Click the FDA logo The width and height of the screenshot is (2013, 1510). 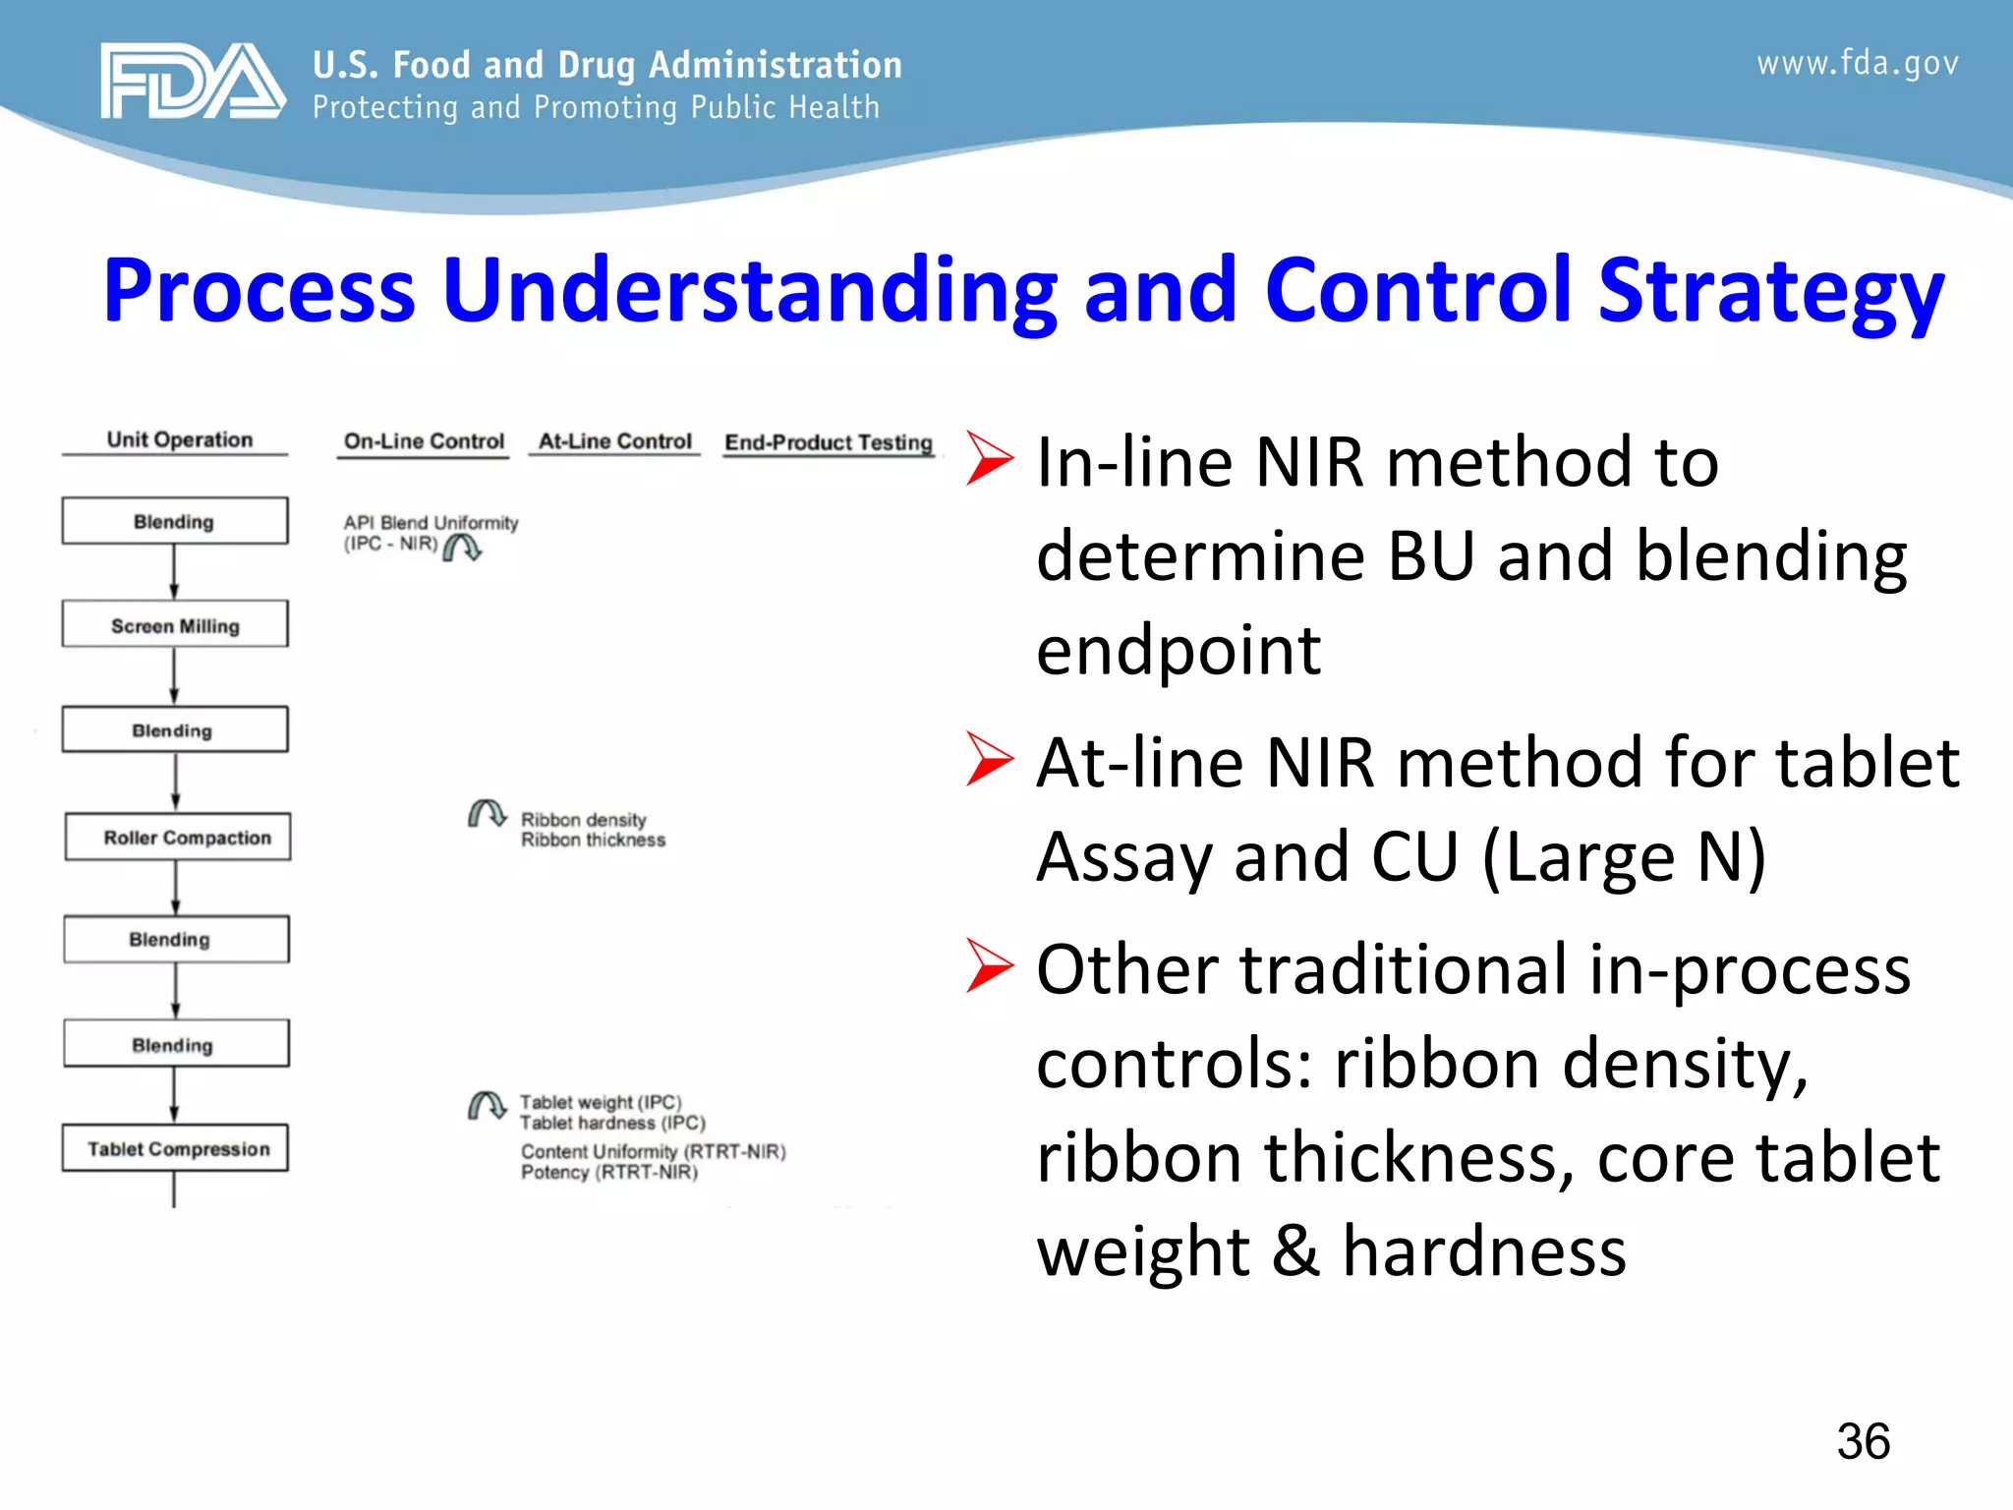[193, 81]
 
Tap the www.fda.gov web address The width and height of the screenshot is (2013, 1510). [1857, 63]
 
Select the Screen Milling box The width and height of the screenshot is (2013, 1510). [175, 625]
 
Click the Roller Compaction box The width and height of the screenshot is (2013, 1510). [178, 838]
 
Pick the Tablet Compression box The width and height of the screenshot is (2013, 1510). [176, 1148]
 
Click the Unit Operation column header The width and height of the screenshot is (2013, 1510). [179, 439]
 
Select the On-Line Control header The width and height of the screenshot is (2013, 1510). [424, 441]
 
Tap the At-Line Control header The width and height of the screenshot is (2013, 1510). [614, 441]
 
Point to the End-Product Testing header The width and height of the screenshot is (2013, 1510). [829, 442]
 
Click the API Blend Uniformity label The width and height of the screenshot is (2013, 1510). [431, 523]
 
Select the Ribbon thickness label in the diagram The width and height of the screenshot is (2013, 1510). [593, 840]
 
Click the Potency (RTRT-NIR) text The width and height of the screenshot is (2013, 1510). [609, 1172]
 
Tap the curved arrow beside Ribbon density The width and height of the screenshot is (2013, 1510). [487, 814]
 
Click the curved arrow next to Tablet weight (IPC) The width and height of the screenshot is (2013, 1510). [487, 1106]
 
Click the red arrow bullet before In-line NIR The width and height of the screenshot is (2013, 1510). [989, 459]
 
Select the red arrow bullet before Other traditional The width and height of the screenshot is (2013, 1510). [989, 965]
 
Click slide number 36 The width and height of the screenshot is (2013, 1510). [1863, 1441]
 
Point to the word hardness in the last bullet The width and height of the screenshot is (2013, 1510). [1484, 1251]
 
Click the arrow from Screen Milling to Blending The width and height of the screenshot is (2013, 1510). [174, 675]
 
